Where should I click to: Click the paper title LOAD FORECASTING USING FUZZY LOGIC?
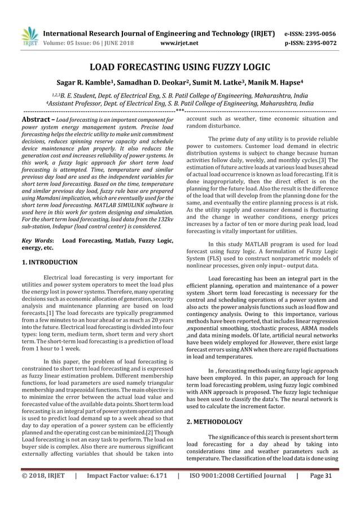pyautogui.click(x=180, y=67)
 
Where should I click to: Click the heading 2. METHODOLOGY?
pyautogui.click(x=214, y=422)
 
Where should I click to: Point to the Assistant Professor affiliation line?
pyautogui.click(x=179, y=104)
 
